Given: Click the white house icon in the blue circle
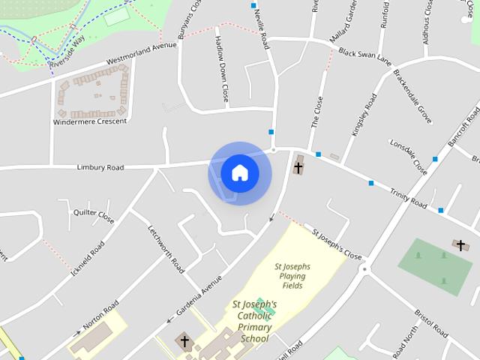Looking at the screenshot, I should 240,172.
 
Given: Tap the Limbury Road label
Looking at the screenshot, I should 100,167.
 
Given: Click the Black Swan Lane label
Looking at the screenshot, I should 364,56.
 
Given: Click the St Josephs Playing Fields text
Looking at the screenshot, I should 292,276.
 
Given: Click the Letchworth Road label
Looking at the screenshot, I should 166,248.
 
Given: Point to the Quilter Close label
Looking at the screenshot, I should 93,216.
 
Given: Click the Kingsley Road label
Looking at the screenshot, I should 364,113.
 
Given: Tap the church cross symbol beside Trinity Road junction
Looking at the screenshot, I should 298,166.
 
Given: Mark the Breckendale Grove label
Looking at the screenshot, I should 413,97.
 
